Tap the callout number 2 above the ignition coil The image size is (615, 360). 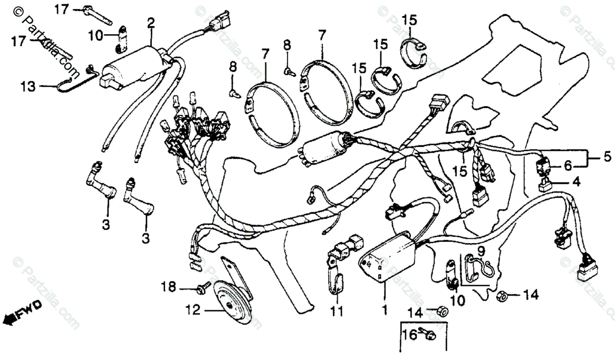tap(150, 22)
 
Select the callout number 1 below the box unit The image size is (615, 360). tap(384, 310)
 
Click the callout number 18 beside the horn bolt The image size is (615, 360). tap(168, 285)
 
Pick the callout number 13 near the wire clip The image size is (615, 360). tap(29, 87)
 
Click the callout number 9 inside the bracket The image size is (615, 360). tap(481, 251)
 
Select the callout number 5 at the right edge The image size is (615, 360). tap(606, 157)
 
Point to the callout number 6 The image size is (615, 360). tap(567, 166)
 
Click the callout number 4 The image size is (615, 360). tap(576, 181)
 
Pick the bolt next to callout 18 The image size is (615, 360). tap(202, 290)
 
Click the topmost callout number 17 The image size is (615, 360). tap(61, 9)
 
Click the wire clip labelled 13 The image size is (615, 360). tap(77, 82)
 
